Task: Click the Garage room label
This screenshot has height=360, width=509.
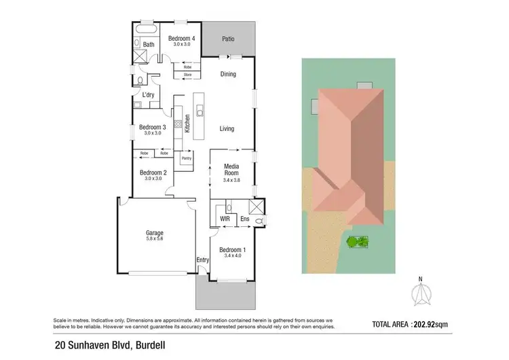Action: (x=154, y=233)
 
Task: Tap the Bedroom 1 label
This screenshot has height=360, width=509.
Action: (x=233, y=249)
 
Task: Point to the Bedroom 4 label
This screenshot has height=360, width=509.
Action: (x=182, y=39)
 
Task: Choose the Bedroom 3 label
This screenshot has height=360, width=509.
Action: (x=153, y=127)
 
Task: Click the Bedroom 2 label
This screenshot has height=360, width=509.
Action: (x=153, y=173)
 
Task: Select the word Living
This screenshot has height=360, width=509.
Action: (x=227, y=128)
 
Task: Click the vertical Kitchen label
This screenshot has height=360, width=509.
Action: (x=186, y=125)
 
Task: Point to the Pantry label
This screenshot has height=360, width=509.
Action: (x=186, y=158)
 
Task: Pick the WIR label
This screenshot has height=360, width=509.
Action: (x=225, y=219)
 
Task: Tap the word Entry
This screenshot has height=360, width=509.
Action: (x=202, y=259)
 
